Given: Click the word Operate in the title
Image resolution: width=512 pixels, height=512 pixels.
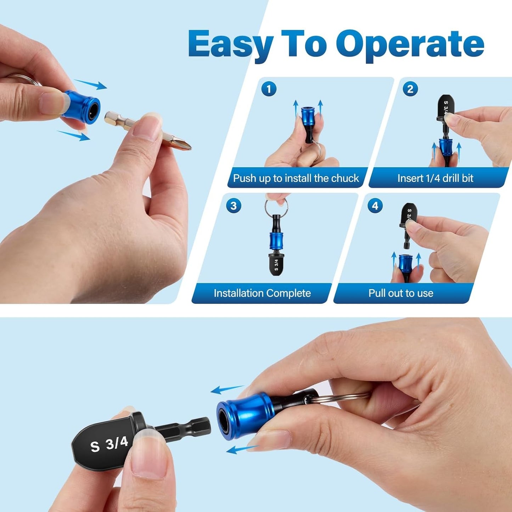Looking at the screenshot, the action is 410,45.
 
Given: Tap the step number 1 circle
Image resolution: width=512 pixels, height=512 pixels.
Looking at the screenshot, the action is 269,89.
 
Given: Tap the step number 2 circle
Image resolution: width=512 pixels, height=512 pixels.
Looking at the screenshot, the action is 410,89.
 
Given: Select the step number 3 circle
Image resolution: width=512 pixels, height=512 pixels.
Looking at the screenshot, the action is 234,206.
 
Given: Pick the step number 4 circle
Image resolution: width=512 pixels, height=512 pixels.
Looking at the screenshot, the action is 375,206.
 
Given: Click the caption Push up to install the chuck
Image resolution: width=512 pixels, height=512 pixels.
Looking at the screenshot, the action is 296,178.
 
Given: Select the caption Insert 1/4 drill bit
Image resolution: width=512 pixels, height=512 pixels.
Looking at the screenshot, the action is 435,178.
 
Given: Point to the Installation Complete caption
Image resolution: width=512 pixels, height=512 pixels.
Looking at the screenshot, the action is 262,293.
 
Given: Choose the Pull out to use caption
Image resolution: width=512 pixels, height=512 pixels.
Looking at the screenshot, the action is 401,293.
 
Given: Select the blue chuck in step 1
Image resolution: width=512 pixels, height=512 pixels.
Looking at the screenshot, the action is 309,117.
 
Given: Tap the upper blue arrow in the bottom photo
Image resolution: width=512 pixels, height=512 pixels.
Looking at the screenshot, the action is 227,389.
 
